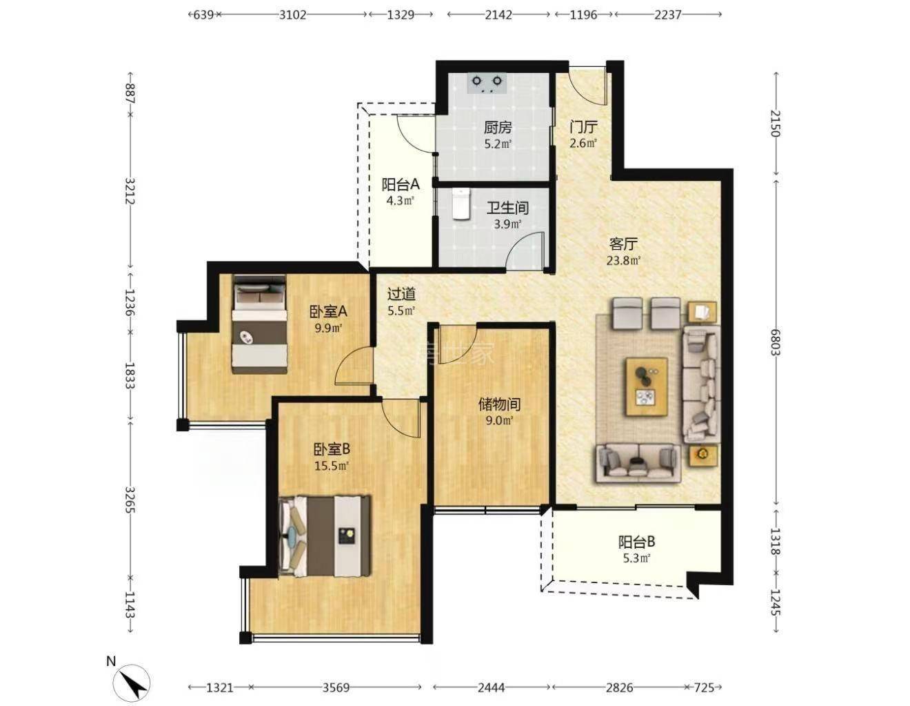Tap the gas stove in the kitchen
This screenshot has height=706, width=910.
pyautogui.click(x=486, y=83)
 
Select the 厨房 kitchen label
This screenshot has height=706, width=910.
pyautogui.click(x=498, y=127)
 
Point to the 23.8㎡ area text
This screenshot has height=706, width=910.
pyautogui.click(x=624, y=261)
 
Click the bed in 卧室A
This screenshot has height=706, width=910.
pyautogui.click(x=260, y=324)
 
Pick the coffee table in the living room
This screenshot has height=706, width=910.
pyautogui.click(x=647, y=386)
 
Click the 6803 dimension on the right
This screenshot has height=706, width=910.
pyautogui.click(x=776, y=342)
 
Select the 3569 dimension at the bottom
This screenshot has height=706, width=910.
pyautogui.click(x=336, y=687)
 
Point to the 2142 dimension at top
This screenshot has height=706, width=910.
pyautogui.click(x=498, y=15)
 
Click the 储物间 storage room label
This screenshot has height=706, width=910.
pyautogui.click(x=500, y=404)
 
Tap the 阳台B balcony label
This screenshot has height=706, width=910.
pyautogui.click(x=636, y=542)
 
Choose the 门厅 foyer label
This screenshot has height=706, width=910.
pyautogui.click(x=583, y=126)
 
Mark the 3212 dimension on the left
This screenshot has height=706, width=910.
pyautogui.click(x=130, y=191)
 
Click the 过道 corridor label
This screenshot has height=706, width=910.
pyautogui.click(x=401, y=294)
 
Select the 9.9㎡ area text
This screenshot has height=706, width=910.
pyautogui.click(x=329, y=328)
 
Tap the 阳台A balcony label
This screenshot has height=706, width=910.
pyautogui.click(x=401, y=184)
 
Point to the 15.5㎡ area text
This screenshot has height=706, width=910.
pyautogui.click(x=332, y=465)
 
